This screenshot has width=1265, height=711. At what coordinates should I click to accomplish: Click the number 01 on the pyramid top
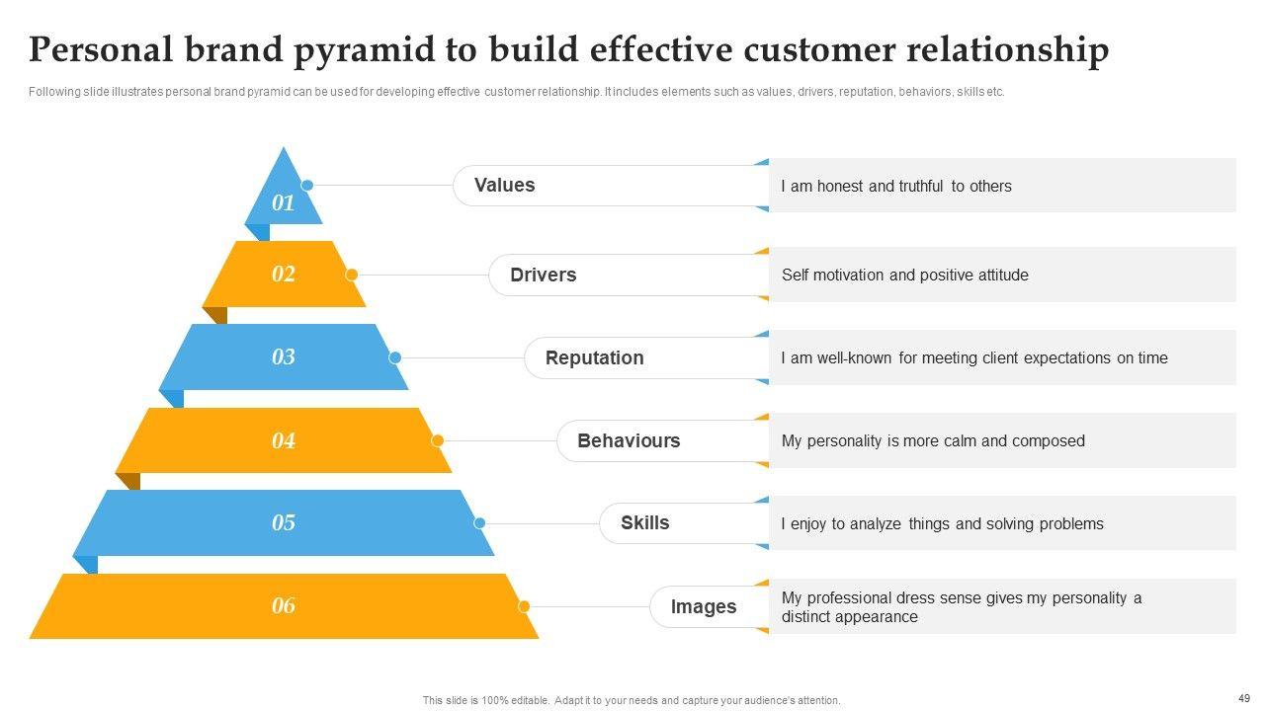click(284, 203)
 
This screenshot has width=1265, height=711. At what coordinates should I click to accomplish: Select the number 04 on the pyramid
click(284, 440)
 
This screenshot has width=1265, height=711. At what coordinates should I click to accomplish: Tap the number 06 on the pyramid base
click(284, 605)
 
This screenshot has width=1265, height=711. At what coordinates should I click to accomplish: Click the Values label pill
click(505, 186)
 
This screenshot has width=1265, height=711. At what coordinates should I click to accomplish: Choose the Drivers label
click(543, 275)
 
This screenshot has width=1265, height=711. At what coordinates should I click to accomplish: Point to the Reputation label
click(594, 357)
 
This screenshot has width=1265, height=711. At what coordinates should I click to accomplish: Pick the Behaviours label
click(629, 440)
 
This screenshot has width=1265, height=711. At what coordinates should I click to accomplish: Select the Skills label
click(644, 523)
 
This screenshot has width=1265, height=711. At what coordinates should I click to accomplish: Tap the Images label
click(704, 606)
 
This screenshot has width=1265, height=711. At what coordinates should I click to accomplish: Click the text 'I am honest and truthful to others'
click(895, 186)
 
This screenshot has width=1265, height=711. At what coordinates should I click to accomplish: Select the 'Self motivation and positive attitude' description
click(904, 275)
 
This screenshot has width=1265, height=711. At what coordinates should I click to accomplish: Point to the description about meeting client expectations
click(973, 357)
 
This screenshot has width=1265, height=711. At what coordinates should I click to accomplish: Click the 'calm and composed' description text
click(933, 440)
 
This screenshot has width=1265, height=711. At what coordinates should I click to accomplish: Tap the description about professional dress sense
click(961, 607)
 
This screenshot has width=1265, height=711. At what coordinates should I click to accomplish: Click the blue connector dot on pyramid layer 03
click(395, 357)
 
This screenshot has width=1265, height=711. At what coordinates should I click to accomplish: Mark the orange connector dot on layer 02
click(352, 275)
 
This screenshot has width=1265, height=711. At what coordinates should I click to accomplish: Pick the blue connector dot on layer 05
click(479, 523)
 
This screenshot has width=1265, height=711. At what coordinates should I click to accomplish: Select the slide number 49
click(1243, 697)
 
